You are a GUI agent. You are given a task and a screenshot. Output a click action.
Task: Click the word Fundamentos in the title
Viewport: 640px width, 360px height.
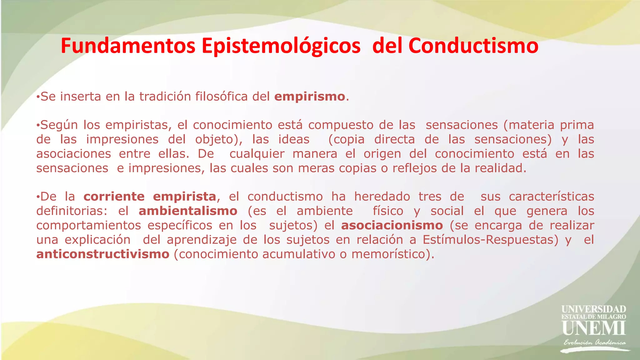point(128,46)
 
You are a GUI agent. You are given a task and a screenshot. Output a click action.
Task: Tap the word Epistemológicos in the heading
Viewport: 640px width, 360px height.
point(281,46)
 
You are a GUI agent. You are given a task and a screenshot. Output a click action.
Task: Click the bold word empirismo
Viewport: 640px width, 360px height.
point(309,97)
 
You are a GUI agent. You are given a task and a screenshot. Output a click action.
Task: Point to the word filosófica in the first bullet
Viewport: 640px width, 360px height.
point(222,97)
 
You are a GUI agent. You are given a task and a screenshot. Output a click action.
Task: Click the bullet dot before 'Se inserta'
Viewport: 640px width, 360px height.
point(38,97)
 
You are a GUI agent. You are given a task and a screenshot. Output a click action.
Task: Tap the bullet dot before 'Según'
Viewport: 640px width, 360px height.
point(38,125)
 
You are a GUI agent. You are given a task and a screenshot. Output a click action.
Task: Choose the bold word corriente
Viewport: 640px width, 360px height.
point(114,197)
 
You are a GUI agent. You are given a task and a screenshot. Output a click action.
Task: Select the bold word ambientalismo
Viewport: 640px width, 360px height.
point(188,211)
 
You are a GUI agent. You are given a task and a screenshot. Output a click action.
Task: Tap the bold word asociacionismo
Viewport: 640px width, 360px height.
point(392,225)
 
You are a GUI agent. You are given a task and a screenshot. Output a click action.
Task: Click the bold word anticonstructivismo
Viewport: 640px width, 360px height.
point(103,254)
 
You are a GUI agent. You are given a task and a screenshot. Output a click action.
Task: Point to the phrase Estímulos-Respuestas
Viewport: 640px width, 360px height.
point(490,240)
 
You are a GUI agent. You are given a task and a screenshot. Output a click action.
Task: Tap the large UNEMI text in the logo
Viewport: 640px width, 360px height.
point(593,328)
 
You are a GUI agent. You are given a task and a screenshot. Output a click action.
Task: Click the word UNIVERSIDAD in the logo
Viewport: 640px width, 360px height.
point(593,309)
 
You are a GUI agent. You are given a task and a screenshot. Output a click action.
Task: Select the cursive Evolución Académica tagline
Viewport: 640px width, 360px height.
point(594,342)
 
